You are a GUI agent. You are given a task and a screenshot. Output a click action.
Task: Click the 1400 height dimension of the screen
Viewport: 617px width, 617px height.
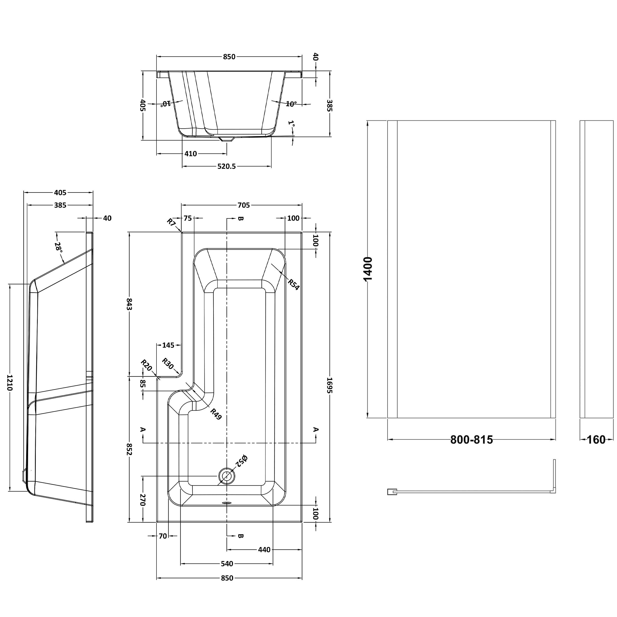pyautogui.click(x=368, y=269)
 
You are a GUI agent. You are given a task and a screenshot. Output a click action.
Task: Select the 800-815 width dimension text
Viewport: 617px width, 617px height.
pyautogui.click(x=471, y=440)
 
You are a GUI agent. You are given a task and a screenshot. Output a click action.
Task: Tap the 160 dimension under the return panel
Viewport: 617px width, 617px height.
pyautogui.click(x=596, y=440)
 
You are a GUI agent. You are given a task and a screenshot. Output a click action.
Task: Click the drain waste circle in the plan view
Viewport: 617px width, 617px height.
pyautogui.click(x=226, y=476)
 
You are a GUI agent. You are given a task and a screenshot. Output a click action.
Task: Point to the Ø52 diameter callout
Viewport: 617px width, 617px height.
pyautogui.click(x=241, y=461)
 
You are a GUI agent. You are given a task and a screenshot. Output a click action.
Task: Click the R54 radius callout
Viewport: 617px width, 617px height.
pyautogui.click(x=293, y=284)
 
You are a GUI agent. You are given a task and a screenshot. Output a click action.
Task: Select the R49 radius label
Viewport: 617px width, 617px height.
pyautogui.click(x=216, y=414)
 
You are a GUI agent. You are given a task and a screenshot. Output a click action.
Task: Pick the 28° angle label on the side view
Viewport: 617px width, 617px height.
pyautogui.click(x=58, y=246)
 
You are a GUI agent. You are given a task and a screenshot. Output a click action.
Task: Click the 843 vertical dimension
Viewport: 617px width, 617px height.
pyautogui.click(x=129, y=304)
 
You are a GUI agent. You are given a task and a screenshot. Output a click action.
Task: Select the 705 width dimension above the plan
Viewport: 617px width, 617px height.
pyautogui.click(x=243, y=205)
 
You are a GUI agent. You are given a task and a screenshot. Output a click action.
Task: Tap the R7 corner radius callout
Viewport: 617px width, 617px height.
pyautogui.click(x=172, y=222)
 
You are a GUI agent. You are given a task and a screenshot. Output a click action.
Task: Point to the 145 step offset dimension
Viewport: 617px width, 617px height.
pyautogui.click(x=168, y=345)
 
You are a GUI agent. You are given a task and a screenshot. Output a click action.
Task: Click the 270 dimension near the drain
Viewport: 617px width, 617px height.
pyautogui.click(x=142, y=500)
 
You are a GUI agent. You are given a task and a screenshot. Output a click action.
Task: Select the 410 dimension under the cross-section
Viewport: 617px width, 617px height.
pyautogui.click(x=191, y=154)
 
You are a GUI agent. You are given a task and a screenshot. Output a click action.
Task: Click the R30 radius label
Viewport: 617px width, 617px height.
pyautogui.click(x=167, y=364)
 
